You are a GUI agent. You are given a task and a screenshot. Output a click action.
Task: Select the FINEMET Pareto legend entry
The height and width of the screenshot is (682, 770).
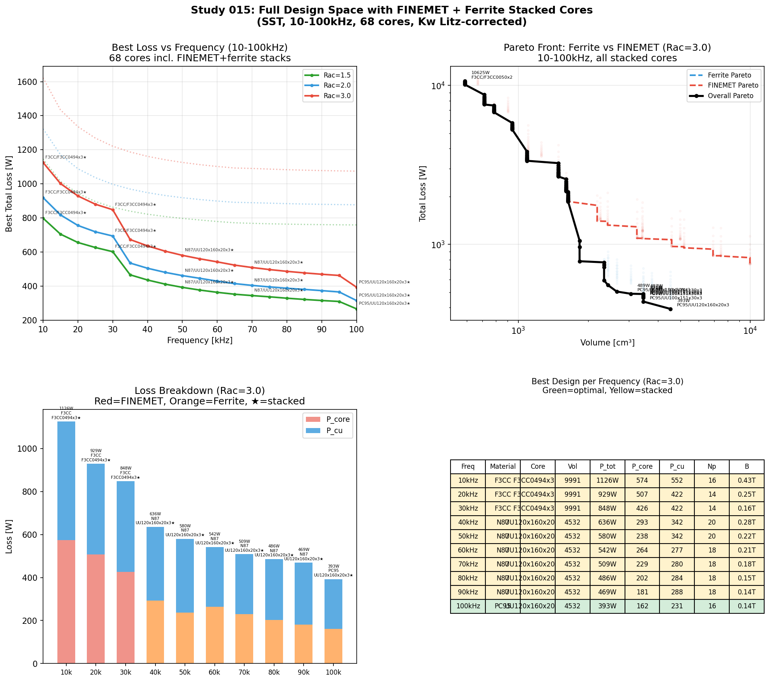point(733,86)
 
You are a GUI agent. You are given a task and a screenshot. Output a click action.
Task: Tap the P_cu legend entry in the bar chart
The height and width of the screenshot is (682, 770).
point(334,431)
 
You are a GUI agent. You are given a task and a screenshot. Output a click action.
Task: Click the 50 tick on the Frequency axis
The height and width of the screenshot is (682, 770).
point(183,330)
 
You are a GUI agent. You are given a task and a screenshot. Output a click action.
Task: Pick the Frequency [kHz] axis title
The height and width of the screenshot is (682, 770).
point(200,340)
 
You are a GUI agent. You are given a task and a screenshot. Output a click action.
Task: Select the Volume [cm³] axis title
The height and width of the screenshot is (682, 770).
point(607,343)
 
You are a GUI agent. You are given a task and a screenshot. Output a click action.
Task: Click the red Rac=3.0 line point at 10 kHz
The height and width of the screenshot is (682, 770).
point(43,162)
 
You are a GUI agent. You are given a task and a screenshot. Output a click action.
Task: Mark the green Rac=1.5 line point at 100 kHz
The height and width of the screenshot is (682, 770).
point(356,309)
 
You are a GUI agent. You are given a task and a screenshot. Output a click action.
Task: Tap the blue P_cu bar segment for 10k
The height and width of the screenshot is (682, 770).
point(66,481)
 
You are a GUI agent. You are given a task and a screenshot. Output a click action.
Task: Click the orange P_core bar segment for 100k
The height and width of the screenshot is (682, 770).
point(333,646)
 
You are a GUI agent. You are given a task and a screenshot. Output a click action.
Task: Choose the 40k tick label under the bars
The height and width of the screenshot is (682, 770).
point(155,672)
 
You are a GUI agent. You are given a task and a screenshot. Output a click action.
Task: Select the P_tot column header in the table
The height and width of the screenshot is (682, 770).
point(607,466)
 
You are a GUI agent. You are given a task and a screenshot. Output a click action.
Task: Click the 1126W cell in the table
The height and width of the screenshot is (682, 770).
point(607,480)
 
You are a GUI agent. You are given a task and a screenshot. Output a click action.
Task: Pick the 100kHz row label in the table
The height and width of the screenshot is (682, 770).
point(468,606)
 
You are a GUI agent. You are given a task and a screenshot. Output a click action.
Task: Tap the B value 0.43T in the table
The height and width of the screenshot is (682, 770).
point(746,480)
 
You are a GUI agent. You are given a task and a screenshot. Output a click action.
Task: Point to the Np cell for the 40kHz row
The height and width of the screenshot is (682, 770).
point(712,522)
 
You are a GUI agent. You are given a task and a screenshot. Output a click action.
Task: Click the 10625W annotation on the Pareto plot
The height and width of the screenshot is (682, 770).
point(480,73)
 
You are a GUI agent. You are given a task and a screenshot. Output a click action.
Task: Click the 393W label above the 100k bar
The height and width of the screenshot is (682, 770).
point(333,566)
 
